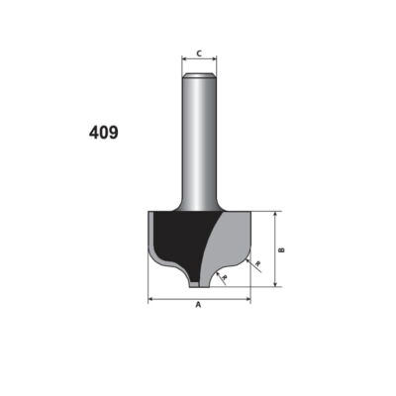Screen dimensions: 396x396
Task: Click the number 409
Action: click(x=104, y=133)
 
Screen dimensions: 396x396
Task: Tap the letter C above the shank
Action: click(x=199, y=53)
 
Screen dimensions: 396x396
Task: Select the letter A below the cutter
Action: click(x=198, y=305)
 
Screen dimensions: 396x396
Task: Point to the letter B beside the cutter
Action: click(x=281, y=249)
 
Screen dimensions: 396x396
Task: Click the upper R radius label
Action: click(x=258, y=263)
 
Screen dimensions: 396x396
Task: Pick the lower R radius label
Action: click(x=225, y=277)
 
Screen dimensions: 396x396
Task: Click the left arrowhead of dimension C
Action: click(x=184, y=58)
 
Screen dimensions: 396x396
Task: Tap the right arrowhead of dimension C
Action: click(x=215, y=58)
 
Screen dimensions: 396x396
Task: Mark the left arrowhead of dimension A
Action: click(x=150, y=299)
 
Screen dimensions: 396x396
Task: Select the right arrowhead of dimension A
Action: click(x=248, y=299)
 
